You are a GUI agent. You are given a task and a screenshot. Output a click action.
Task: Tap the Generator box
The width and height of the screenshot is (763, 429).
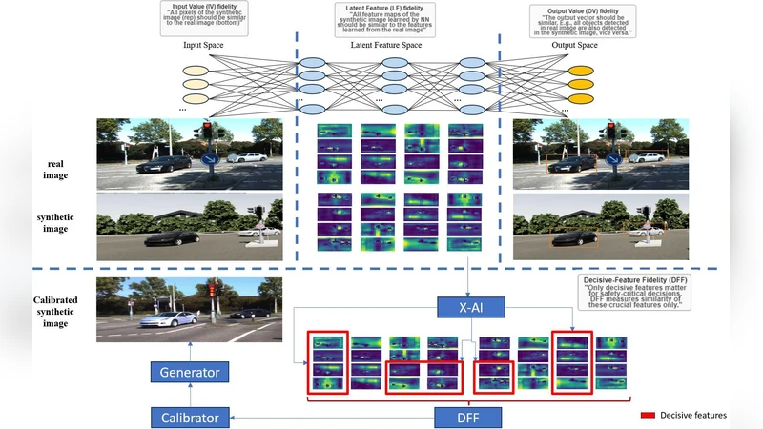point(189,373)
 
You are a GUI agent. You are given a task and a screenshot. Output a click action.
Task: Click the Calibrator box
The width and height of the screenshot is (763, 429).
point(189,417)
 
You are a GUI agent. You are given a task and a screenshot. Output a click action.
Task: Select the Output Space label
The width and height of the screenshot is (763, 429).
point(574,45)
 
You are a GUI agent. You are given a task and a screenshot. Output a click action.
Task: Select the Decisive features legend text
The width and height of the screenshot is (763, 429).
point(694,415)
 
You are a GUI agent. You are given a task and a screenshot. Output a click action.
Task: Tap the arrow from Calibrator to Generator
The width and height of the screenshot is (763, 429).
point(189,395)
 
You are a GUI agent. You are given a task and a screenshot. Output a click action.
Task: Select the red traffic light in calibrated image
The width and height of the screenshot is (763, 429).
point(214,287)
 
